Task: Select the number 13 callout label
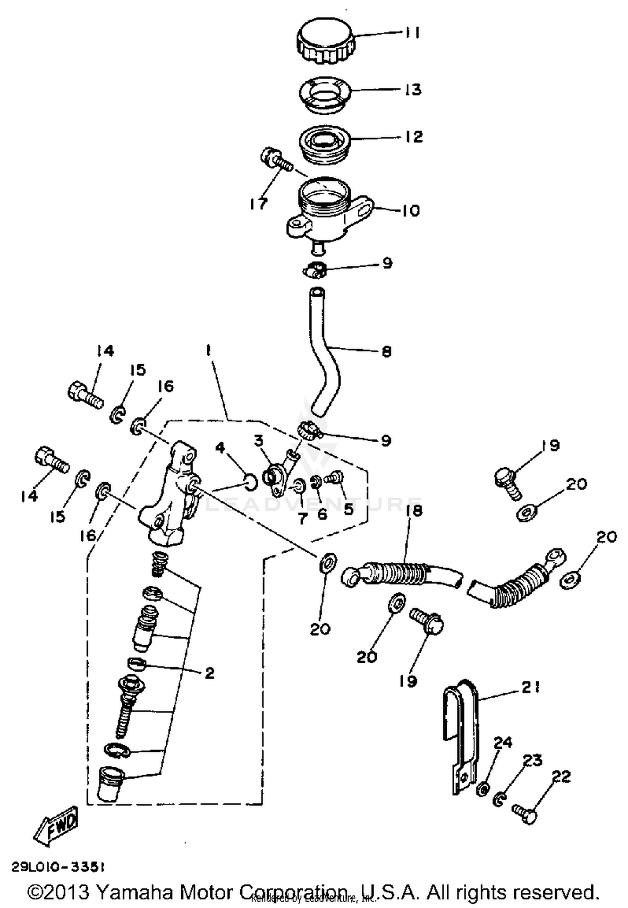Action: (413, 90)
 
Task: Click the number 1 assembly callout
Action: (208, 351)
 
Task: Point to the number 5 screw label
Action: (348, 509)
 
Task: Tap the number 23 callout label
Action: (532, 760)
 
